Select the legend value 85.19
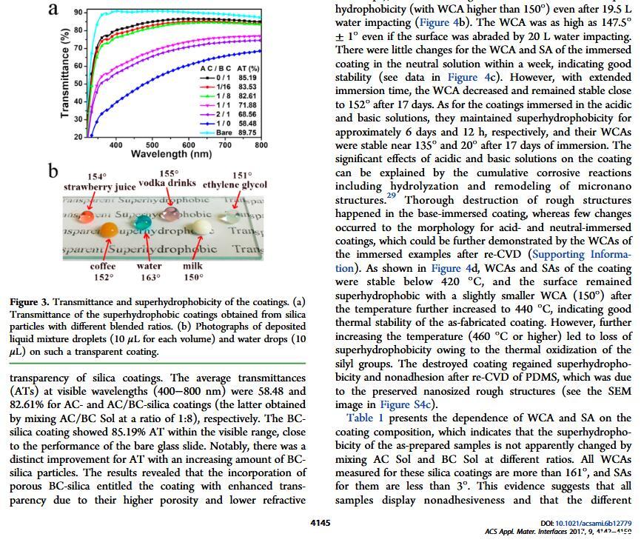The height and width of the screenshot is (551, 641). point(247,78)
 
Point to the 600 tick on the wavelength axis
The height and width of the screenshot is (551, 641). point(189,145)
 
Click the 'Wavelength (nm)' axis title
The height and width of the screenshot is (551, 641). point(171,154)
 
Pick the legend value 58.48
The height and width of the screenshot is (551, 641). point(247,124)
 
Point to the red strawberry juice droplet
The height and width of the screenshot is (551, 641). point(87,217)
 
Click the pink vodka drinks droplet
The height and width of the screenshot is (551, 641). point(172,213)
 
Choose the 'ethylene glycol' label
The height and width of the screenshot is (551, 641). point(235,184)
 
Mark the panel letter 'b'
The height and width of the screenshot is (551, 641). point(53,171)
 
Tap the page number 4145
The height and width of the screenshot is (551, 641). point(320,522)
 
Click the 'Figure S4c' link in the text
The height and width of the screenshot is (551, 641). point(404,404)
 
